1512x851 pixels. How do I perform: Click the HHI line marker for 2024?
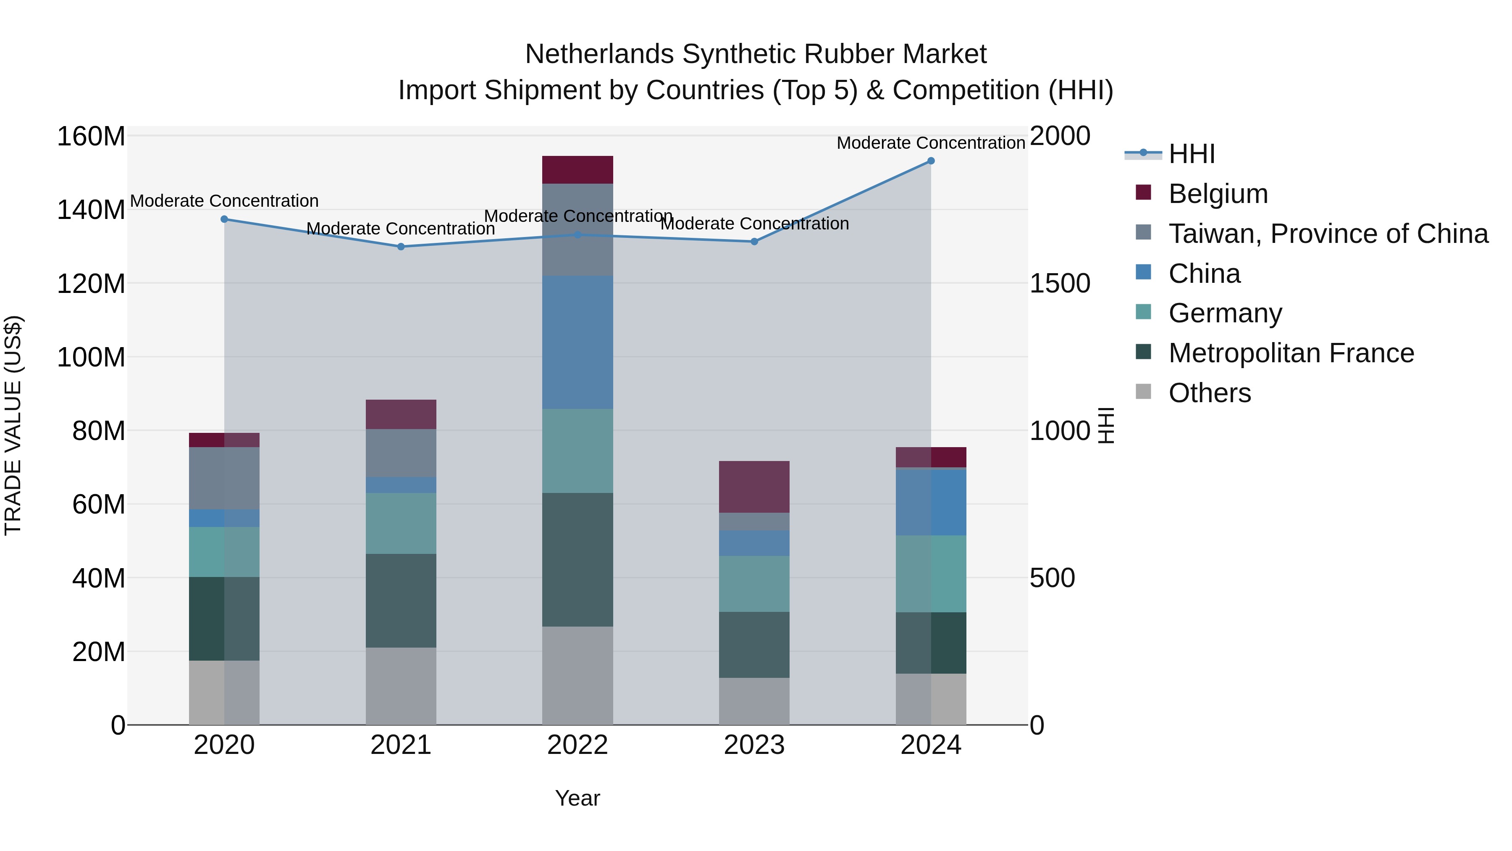tap(930, 161)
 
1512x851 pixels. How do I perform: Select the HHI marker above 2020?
tap(224, 219)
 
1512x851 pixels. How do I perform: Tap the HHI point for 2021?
tap(401, 247)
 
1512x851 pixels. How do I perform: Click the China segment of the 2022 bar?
tap(577, 343)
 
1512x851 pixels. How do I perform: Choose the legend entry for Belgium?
tap(1218, 194)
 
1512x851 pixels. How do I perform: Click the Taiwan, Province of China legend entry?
tap(1328, 234)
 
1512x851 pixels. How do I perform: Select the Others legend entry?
tap(1209, 393)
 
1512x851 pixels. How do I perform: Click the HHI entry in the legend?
tap(1192, 154)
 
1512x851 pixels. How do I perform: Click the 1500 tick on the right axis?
tap(1060, 284)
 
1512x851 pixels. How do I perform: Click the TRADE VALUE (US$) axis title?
tap(13, 425)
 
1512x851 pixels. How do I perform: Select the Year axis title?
tap(577, 798)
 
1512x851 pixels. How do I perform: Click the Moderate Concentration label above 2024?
tap(930, 143)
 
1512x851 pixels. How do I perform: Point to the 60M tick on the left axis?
tap(98, 504)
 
